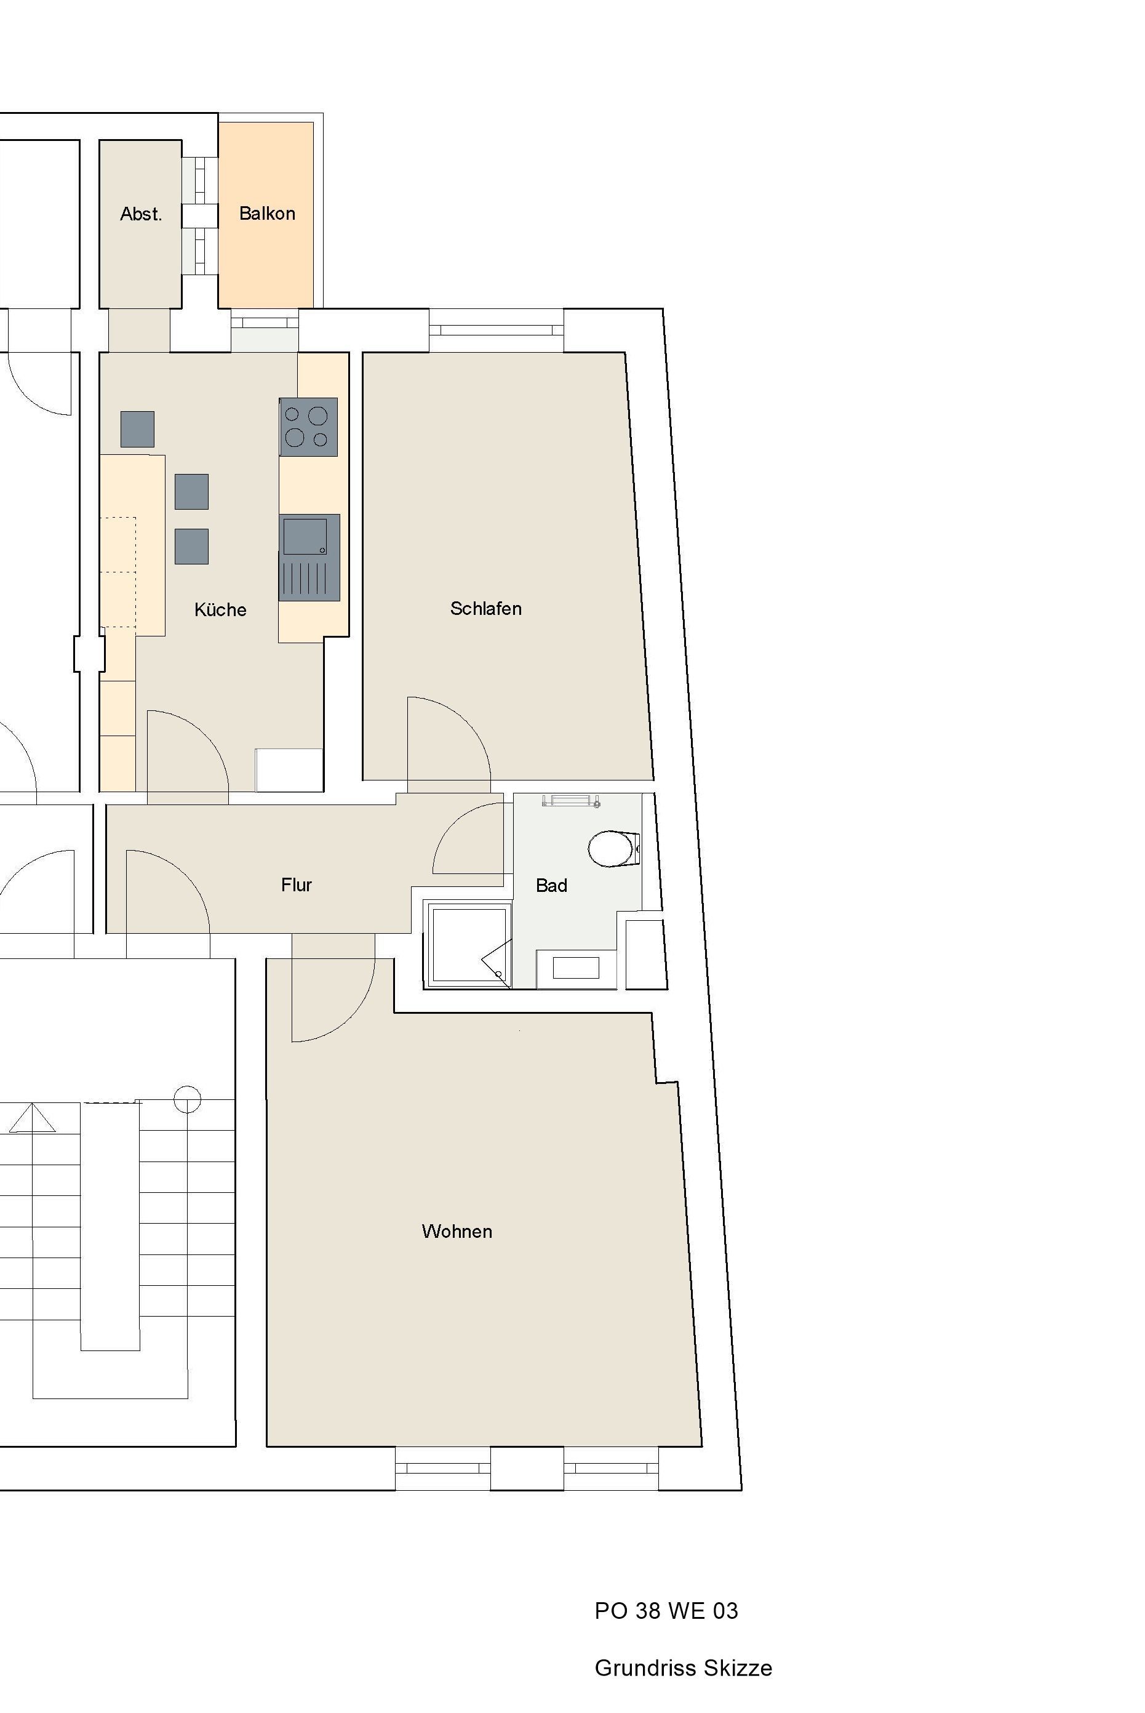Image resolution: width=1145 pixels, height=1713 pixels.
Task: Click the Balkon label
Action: [267, 214]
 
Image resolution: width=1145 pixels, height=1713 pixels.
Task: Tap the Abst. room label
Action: [141, 214]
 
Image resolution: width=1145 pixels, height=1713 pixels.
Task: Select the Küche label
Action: [220, 609]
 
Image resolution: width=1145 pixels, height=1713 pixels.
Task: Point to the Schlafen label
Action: [485, 609]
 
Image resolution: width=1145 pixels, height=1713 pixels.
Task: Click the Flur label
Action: [297, 885]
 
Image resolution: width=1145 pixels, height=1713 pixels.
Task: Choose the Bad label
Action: [551, 885]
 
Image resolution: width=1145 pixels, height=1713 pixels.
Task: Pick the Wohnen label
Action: [457, 1232]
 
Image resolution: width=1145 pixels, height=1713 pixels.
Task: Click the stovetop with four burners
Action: [308, 427]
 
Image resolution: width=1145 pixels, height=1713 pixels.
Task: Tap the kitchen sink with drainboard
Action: [309, 558]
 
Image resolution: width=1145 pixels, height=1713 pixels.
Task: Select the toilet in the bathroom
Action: [614, 848]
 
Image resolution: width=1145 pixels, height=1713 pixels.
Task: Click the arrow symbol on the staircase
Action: [32, 1118]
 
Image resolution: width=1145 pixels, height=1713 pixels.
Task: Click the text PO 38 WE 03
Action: [666, 1610]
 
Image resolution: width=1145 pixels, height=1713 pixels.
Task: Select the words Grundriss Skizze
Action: [684, 1667]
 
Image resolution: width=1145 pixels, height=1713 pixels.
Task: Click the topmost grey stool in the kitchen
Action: [137, 429]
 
